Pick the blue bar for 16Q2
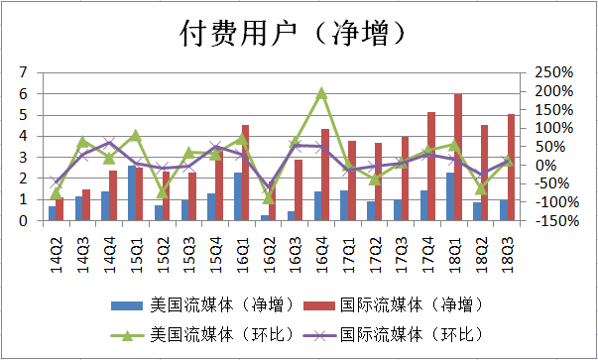point(264,217)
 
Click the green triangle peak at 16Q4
point(321,93)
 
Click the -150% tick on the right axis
point(551,221)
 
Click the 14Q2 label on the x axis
point(56,243)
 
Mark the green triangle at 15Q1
point(136,136)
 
